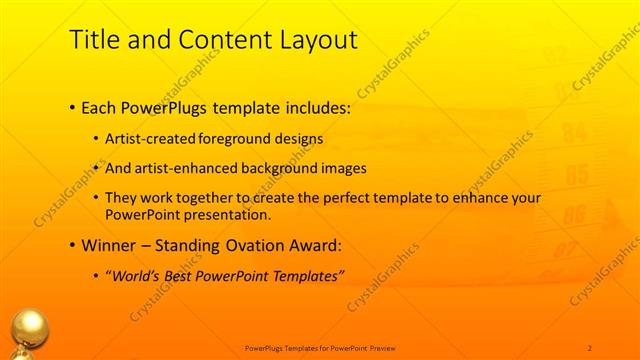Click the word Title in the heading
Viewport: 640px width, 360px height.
click(x=93, y=40)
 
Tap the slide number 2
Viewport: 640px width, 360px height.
click(x=589, y=347)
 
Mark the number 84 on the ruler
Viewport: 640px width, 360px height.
click(x=574, y=131)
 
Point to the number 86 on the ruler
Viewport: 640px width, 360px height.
click(x=574, y=214)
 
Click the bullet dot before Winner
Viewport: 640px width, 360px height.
click(x=73, y=245)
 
